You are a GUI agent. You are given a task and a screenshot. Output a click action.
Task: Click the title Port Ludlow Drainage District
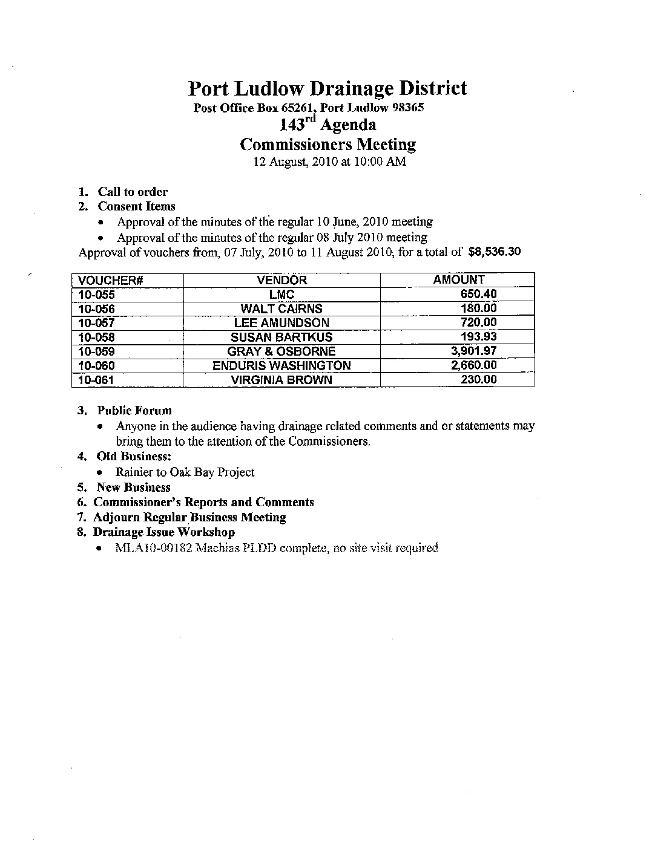point(327,88)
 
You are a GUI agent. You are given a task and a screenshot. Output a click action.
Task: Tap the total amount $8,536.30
point(495,252)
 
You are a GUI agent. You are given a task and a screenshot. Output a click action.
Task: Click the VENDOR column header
point(281,280)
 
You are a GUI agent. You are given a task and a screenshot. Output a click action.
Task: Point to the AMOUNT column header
point(459,280)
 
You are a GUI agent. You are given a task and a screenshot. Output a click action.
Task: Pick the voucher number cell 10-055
point(97,295)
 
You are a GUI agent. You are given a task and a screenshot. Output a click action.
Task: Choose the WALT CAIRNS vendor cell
point(281,309)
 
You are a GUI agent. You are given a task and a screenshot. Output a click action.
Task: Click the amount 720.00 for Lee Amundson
point(478,323)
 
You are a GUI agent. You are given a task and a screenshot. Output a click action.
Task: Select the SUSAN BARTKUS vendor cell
point(281,337)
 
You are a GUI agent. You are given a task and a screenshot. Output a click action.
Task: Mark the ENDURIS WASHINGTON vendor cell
point(281,365)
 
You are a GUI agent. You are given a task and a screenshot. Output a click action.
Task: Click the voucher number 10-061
point(97,380)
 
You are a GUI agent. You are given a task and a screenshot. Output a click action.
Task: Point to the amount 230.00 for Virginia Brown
point(478,379)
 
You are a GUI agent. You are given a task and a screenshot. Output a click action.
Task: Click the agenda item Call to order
point(133,192)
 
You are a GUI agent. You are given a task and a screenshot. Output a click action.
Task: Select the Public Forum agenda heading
point(134,411)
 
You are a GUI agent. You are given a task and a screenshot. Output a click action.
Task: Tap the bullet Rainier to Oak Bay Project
point(185,472)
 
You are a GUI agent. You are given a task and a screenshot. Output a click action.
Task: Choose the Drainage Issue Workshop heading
point(163,532)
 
